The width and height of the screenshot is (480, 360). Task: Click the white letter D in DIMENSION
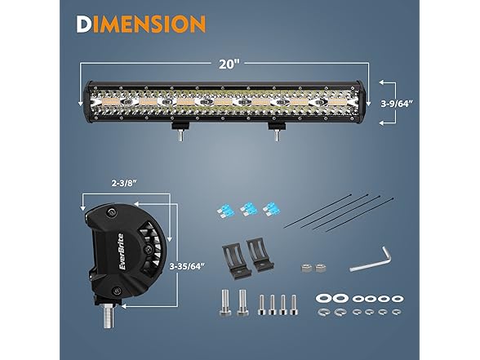[84, 24]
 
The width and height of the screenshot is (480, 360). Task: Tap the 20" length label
[229, 64]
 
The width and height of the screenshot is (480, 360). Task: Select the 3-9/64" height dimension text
[397, 104]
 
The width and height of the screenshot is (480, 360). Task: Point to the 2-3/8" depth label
[124, 184]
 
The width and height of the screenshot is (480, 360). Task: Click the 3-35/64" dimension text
[187, 266]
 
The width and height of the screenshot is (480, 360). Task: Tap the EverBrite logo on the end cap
[122, 251]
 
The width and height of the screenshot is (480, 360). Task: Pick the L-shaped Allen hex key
[371, 259]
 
